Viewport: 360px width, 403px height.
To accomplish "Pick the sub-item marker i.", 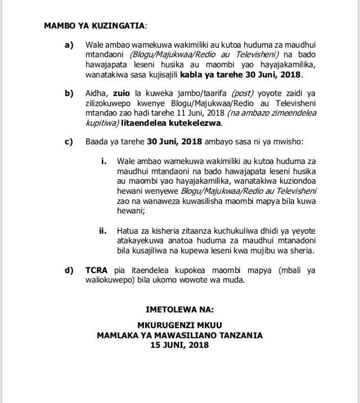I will point(104,161).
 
